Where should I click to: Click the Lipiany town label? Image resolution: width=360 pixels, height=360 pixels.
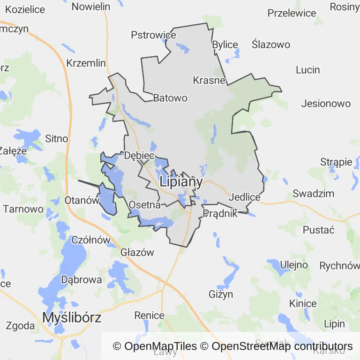point(181,182)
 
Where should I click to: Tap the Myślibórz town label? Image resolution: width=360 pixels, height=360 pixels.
point(72,317)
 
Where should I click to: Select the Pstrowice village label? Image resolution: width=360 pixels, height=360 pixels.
point(153,35)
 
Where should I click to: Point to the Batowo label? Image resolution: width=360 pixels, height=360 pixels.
point(170,98)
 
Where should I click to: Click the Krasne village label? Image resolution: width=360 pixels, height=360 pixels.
point(209,80)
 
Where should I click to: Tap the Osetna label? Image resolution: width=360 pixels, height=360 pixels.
point(144,205)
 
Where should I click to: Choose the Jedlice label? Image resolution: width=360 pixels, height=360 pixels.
point(245,197)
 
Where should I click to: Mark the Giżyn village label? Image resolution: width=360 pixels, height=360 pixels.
point(220,294)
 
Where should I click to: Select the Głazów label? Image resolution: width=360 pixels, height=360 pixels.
point(137,252)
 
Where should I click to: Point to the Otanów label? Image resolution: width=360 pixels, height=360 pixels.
point(82,200)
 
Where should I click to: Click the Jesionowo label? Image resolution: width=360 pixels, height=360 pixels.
point(326,104)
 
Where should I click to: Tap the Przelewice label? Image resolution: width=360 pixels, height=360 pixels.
point(292,13)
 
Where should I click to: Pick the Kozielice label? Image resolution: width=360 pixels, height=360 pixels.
point(25,9)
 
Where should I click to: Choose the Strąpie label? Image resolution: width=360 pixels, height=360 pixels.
point(336,162)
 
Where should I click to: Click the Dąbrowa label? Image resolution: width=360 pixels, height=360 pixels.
point(82,280)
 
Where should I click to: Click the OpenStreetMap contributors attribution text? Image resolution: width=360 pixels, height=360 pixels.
point(282,346)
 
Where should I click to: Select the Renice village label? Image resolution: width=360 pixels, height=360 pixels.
point(150,315)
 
